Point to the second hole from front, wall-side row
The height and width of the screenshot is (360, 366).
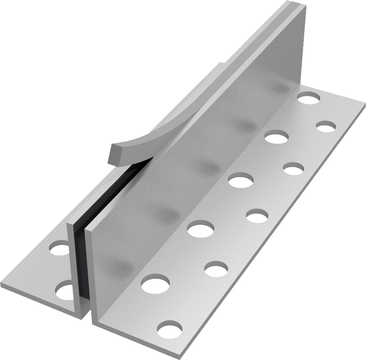201,228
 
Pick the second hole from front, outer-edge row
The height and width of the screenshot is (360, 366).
216,269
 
